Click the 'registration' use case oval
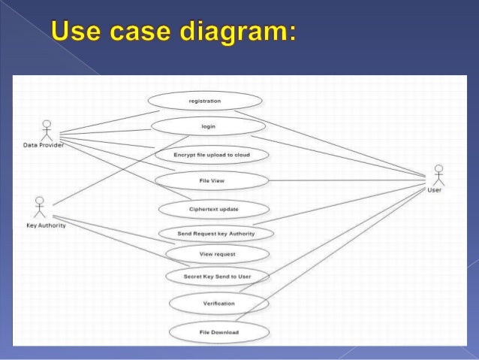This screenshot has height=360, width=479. coord(205,100)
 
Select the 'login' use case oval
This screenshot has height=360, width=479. coord(208,126)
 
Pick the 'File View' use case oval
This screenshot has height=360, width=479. coord(211,181)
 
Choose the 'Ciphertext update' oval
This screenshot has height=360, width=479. coord(214,209)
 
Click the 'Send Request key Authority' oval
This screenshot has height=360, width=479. coord(215,234)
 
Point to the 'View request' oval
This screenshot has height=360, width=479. coord(217,254)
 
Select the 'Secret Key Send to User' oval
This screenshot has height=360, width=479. coord(217,277)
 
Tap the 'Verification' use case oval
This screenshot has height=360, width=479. coord(218,304)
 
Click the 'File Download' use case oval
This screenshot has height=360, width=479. coord(218,331)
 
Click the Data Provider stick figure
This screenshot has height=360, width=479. coord(47,129)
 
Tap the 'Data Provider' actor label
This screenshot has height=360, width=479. coord(42,145)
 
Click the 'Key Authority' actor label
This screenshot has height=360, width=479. coord(46,225)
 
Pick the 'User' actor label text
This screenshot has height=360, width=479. coord(434,190)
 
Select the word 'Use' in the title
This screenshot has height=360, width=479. coord(75,34)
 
